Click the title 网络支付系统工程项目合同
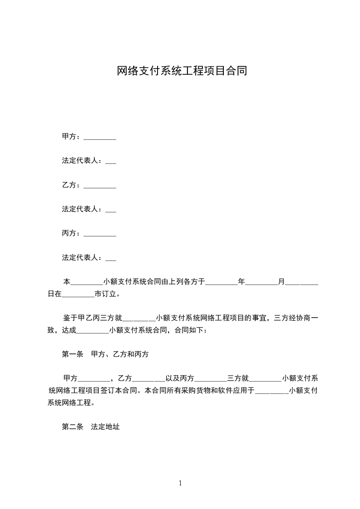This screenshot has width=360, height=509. click(x=182, y=71)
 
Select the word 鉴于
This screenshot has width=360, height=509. click(x=69, y=317)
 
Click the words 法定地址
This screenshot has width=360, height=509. click(x=105, y=427)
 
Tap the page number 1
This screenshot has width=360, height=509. click(x=180, y=483)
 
